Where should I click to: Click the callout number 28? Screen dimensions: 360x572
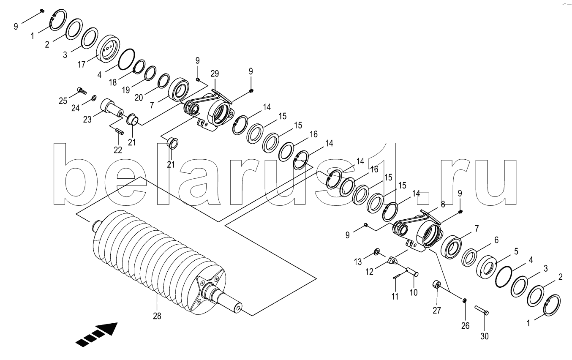[x=156, y=315]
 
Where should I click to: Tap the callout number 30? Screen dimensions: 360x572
[x=484, y=336]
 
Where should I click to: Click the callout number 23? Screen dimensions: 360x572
[x=87, y=119]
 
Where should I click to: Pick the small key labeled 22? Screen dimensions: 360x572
[x=119, y=131]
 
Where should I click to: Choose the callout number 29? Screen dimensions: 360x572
[x=215, y=74]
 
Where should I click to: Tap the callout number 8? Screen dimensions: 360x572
[x=443, y=204]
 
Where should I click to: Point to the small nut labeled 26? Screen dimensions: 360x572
[x=465, y=300]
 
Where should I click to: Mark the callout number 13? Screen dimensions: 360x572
[x=357, y=262]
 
